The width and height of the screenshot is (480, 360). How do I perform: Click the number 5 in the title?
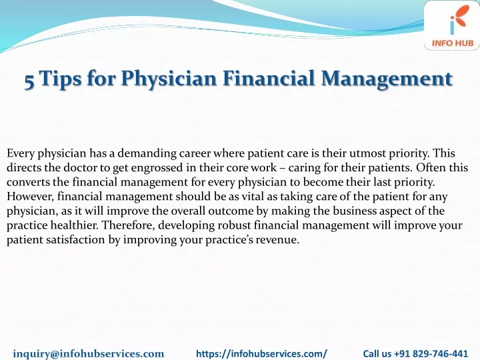tap(29, 81)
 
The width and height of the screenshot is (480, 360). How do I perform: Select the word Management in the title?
tap(387, 79)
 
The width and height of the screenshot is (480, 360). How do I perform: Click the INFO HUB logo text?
tap(453, 43)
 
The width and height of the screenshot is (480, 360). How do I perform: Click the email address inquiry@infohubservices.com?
tap(89, 353)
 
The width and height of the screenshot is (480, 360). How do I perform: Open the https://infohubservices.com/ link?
tap(261, 353)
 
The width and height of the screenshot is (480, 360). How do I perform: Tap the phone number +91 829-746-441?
tap(431, 353)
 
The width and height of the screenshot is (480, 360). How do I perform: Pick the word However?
tap(30, 197)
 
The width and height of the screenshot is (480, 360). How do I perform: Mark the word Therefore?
tap(129, 225)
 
